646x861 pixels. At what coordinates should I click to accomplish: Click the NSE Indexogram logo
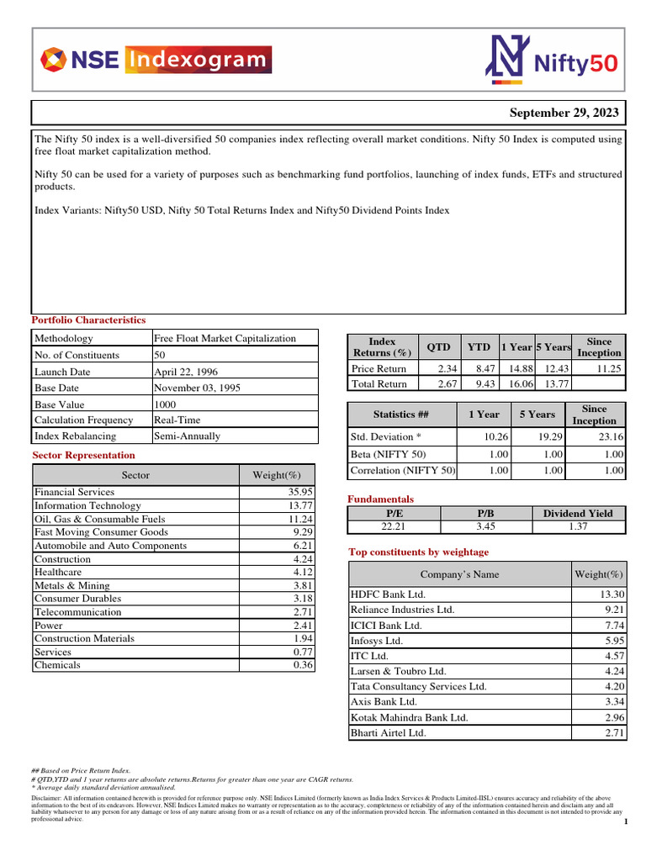point(156,60)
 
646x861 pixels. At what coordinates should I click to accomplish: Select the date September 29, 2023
point(564,114)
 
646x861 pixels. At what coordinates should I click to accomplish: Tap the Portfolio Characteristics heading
point(88,320)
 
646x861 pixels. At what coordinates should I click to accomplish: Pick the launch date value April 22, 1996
point(184,372)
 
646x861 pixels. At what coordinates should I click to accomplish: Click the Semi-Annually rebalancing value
point(188,436)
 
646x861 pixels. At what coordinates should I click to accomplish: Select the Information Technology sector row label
point(87,505)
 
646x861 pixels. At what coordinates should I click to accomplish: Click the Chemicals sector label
point(57,665)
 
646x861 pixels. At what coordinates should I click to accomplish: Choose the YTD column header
point(479,346)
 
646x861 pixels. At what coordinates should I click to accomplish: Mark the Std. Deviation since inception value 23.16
point(606,436)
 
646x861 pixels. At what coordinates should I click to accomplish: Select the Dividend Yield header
point(578,513)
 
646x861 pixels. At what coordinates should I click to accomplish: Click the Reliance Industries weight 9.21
point(607,610)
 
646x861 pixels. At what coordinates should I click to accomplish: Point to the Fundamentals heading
point(380,499)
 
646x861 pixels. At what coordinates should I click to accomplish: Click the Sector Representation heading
point(82,455)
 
